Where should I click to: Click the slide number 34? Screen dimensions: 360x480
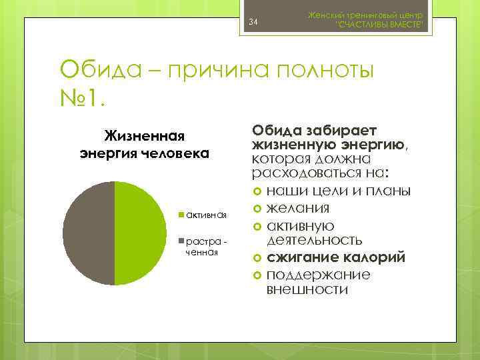(x=253, y=25)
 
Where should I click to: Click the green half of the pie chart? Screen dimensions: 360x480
(x=141, y=233)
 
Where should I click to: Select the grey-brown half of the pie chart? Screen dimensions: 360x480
(x=89, y=233)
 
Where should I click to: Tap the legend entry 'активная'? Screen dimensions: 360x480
(x=207, y=215)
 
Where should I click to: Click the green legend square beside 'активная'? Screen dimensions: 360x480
(x=181, y=215)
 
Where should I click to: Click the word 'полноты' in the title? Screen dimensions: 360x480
(x=327, y=69)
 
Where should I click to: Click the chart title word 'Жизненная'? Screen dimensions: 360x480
(x=144, y=136)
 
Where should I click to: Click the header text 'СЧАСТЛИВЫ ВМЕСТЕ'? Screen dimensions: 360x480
(x=381, y=25)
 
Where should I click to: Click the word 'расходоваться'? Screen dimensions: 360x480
(x=297, y=174)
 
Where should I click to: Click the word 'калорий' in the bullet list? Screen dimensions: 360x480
(x=356, y=257)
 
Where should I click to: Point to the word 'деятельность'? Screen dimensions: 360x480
(x=315, y=240)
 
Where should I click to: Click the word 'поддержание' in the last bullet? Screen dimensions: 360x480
(x=318, y=274)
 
